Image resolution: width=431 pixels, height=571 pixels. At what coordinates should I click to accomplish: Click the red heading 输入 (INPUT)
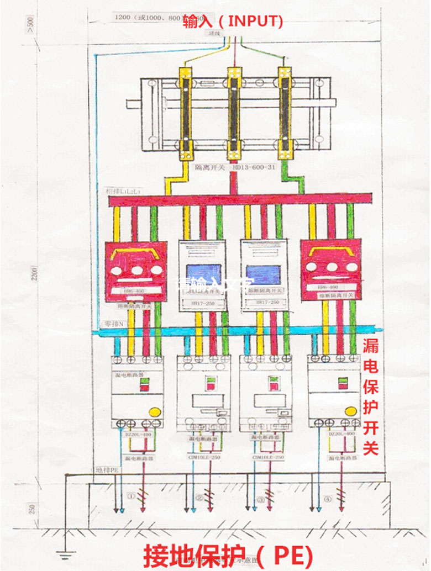pyautogui.click(x=233, y=21)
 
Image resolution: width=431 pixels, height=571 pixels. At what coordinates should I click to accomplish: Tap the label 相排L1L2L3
pyautogui.click(x=124, y=190)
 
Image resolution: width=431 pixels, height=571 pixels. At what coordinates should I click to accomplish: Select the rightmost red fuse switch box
pyautogui.click(x=330, y=271)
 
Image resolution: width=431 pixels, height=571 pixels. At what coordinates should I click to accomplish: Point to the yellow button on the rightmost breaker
pyautogui.click(x=352, y=411)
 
